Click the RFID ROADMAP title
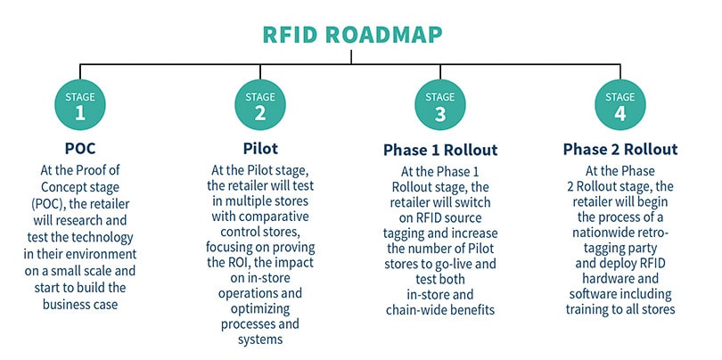pos(352,35)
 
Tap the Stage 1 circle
pos(80,105)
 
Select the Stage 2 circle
pos(260,105)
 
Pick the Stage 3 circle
pos(440,105)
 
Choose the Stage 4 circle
pos(620,105)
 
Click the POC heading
pos(80,149)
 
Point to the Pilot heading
pos(260,149)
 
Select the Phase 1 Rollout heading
pos(440,150)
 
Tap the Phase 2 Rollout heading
pos(620,149)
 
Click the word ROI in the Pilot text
pos(235,263)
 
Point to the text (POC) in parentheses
pos(47,204)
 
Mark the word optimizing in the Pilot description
pos(260,308)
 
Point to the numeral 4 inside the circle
pos(620,113)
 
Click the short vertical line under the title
pos(351,57)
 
